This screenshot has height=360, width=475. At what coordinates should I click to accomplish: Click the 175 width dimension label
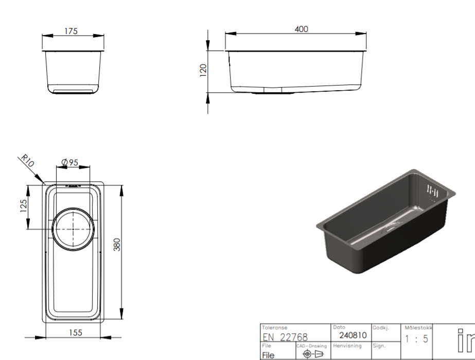tap(71, 31)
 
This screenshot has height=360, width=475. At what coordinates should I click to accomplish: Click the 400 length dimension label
tap(301, 29)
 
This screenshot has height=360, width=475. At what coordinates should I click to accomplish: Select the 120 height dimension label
tap(203, 70)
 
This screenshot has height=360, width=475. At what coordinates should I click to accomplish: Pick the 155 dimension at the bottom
tap(75, 333)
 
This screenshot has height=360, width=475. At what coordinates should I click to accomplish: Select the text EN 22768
tap(285, 337)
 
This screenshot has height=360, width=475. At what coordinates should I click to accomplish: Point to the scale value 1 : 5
tap(416, 339)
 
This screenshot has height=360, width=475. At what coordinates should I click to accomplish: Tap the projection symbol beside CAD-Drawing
tap(312, 354)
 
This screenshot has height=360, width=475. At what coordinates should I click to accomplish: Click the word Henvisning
tap(347, 346)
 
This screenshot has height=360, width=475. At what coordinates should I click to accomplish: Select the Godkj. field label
tap(380, 328)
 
